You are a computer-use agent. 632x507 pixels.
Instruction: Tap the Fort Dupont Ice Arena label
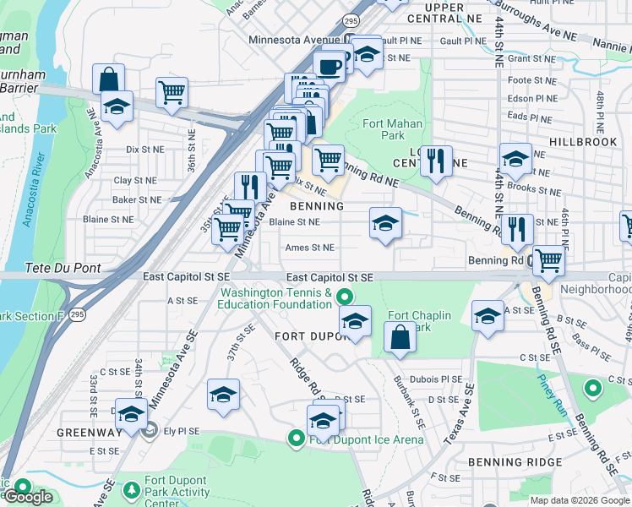click(x=366, y=439)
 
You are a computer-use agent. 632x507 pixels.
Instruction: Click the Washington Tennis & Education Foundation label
click(x=275, y=299)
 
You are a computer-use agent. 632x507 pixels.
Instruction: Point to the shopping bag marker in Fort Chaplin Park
click(x=400, y=336)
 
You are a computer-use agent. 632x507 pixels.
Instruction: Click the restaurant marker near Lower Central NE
click(x=436, y=160)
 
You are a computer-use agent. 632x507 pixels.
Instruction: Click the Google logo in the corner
click(x=29, y=497)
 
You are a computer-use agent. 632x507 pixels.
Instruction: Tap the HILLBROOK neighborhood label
click(x=582, y=142)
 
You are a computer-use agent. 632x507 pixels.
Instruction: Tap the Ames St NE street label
click(x=310, y=248)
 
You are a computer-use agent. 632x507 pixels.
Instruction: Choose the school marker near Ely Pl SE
click(x=131, y=413)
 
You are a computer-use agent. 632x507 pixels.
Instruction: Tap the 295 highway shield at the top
click(x=351, y=19)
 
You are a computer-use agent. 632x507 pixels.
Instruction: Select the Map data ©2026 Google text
click(x=580, y=500)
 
